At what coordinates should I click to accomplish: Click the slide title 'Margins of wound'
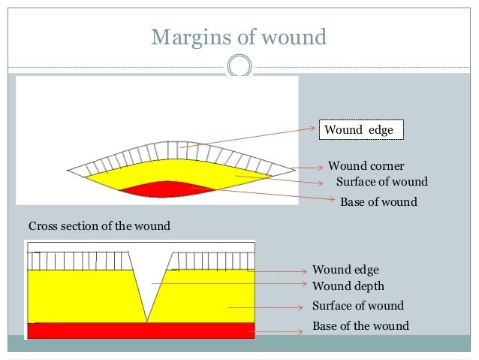(x=239, y=37)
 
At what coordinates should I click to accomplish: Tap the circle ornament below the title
(x=239, y=66)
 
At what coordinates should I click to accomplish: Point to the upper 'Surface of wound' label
(x=381, y=182)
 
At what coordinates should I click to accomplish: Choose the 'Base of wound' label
(x=378, y=202)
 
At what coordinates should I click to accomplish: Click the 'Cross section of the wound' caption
(x=99, y=225)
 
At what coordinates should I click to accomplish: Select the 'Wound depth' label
(x=348, y=286)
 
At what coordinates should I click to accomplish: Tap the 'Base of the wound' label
(x=360, y=325)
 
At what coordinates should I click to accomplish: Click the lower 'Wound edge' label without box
(x=345, y=269)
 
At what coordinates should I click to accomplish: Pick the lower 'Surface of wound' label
(x=357, y=306)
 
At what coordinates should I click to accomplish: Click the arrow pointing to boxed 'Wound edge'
(x=248, y=138)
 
